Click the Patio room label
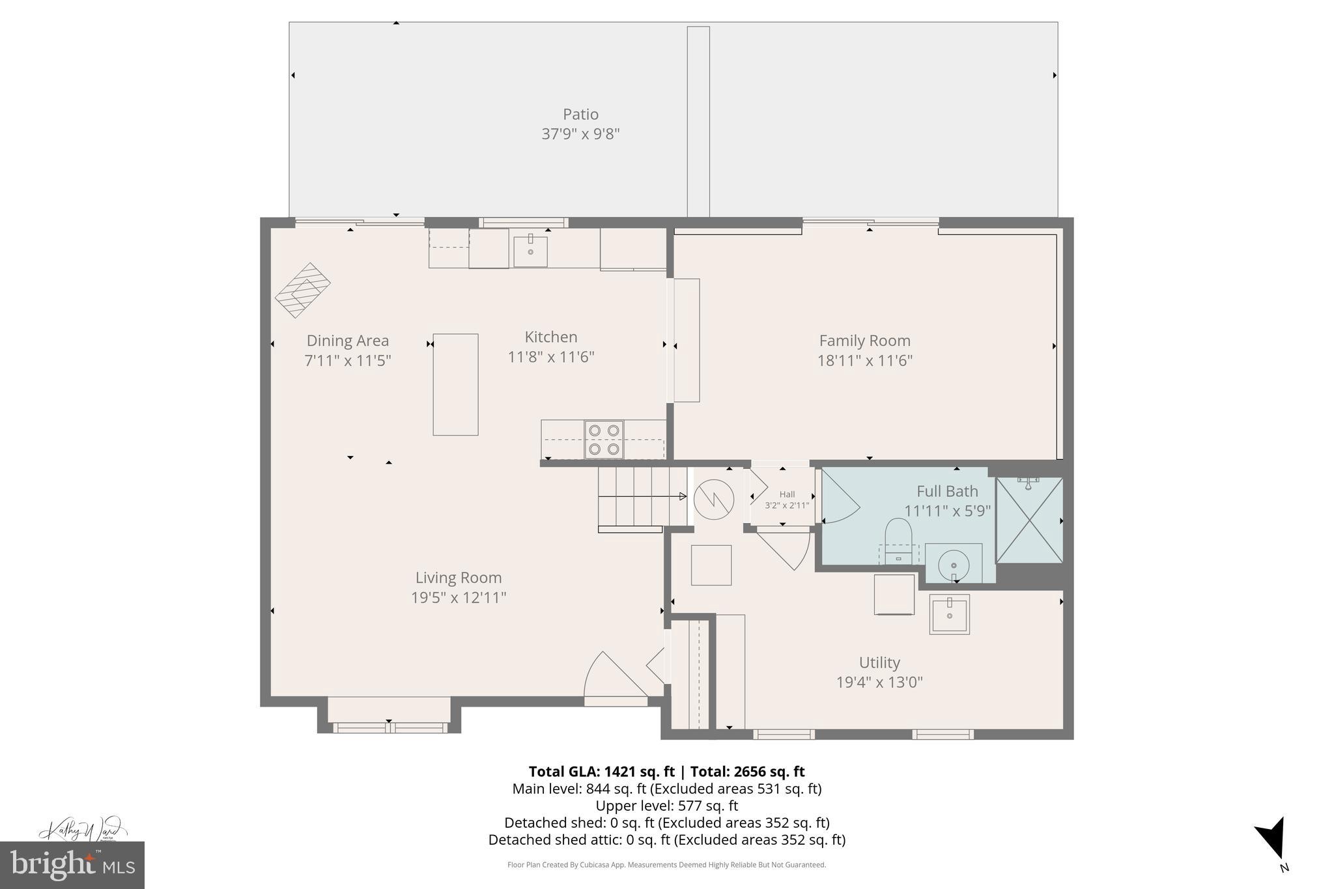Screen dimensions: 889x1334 click(580, 114)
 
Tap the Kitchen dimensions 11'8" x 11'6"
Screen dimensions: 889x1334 click(551, 357)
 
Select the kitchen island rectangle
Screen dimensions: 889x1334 click(455, 384)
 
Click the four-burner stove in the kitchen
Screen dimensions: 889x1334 click(604, 440)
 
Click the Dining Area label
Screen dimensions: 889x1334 click(347, 341)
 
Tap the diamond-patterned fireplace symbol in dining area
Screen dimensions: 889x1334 click(303, 290)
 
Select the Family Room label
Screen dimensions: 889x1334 click(864, 341)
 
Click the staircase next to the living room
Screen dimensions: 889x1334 click(642, 497)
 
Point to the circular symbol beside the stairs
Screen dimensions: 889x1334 click(714, 500)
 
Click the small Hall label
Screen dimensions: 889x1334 click(787, 494)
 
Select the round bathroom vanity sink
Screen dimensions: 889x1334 click(954, 563)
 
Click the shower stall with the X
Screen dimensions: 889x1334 click(1029, 520)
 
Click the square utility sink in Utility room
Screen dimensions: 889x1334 click(949, 614)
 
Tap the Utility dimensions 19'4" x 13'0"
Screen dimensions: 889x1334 click(879, 682)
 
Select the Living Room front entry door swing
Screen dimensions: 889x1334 click(612, 677)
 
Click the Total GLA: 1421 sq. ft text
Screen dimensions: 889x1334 click(601, 772)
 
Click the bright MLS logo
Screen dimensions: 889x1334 click(72, 865)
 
